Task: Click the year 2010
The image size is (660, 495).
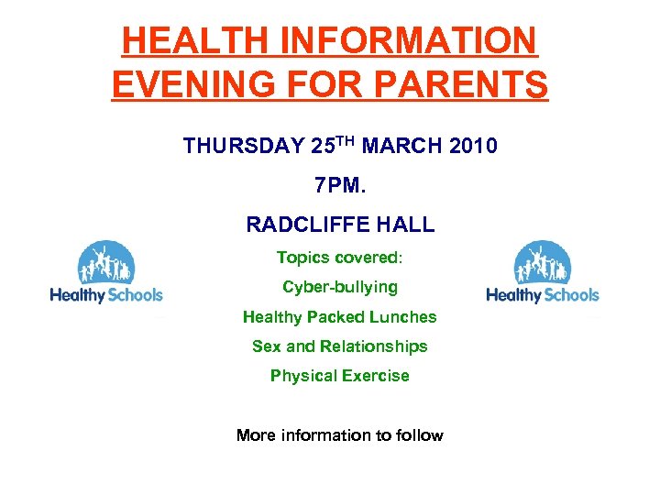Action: click(x=474, y=146)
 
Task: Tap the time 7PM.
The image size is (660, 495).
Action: click(x=339, y=186)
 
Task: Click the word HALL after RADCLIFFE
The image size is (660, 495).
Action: click(x=407, y=225)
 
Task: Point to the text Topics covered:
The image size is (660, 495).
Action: click(x=339, y=258)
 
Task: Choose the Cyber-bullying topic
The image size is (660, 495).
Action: click(x=339, y=287)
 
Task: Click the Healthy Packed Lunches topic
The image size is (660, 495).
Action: click(x=339, y=317)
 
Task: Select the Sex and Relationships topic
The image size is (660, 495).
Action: click(x=339, y=346)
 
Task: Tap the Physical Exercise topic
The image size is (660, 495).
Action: click(x=339, y=376)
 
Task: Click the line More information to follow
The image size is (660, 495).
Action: click(x=339, y=435)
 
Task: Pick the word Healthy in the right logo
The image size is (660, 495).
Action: click(x=514, y=295)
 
